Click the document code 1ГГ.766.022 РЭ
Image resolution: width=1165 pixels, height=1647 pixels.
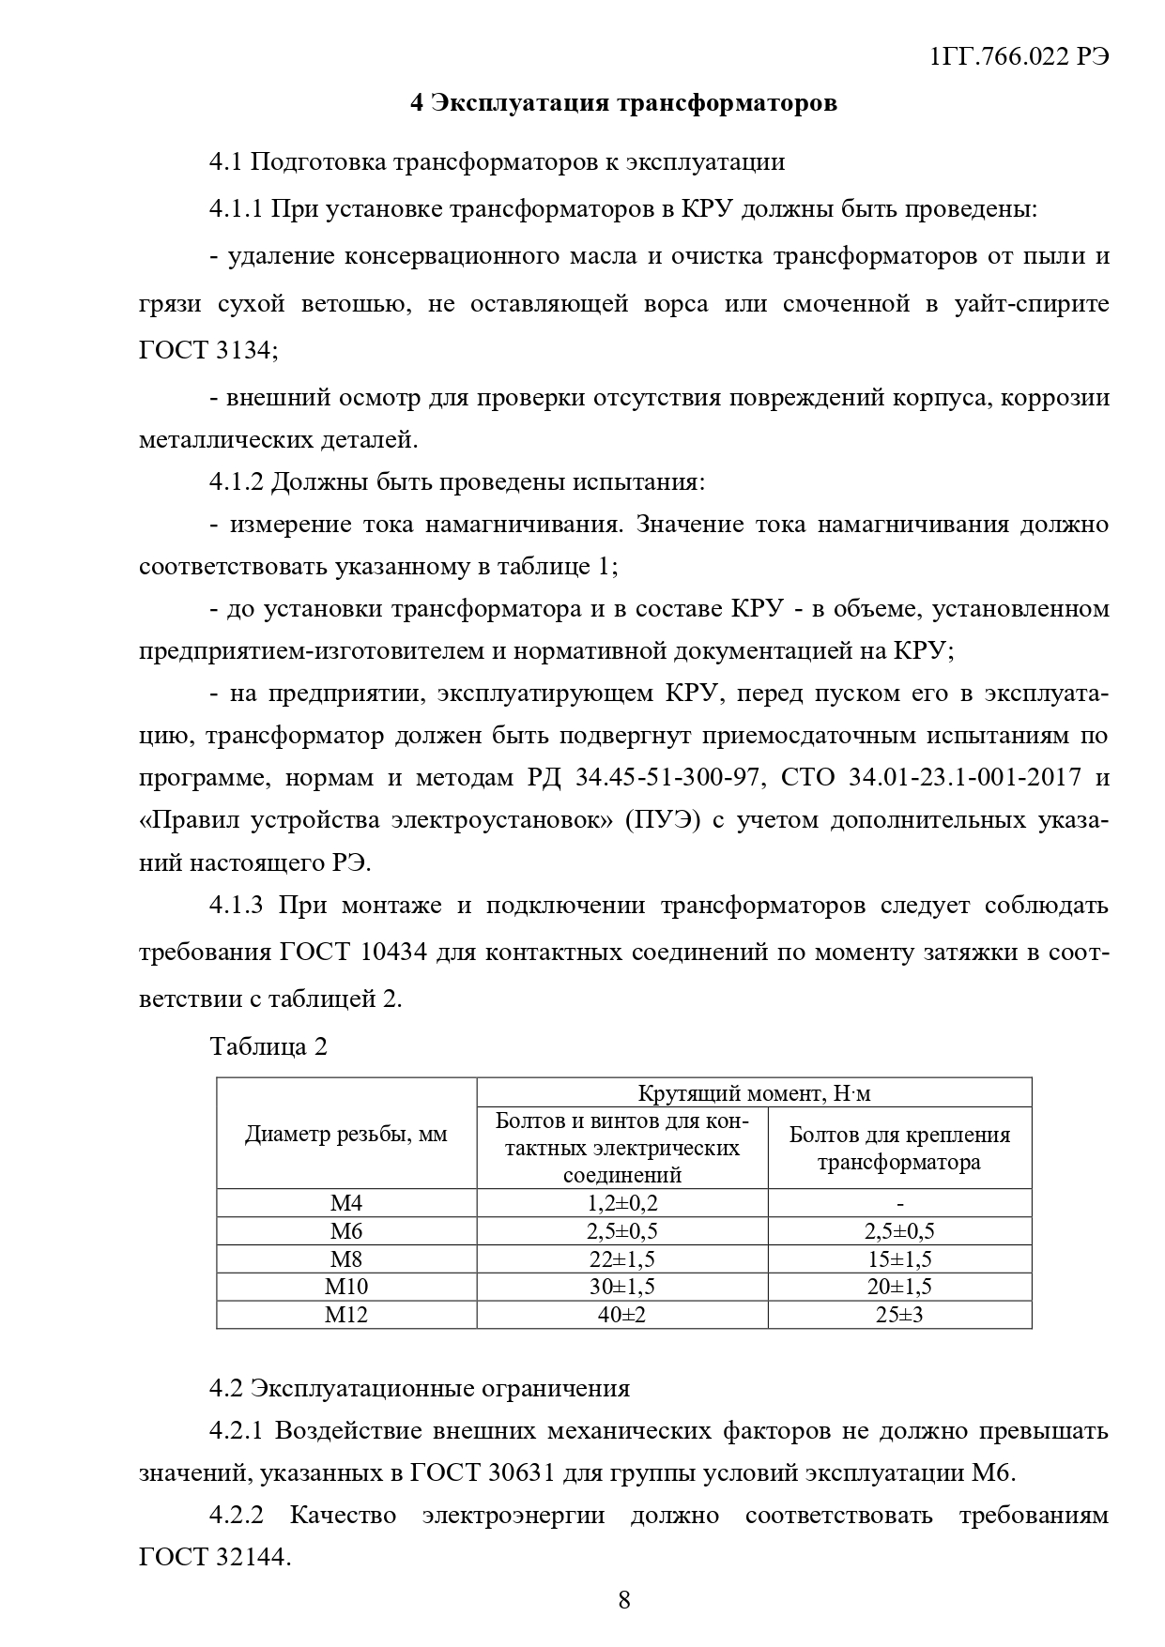coord(1018,56)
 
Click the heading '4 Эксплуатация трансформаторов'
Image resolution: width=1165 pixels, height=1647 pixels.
coord(623,103)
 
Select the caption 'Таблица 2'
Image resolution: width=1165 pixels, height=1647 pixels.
coord(269,1046)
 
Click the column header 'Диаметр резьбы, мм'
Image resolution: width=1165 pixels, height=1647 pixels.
coord(346,1135)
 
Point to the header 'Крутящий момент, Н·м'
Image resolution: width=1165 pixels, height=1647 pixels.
coord(754,1093)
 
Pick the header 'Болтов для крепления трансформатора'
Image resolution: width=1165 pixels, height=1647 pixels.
coord(899,1149)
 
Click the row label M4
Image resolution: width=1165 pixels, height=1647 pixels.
coord(346,1204)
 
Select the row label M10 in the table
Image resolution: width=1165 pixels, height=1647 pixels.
coord(346,1287)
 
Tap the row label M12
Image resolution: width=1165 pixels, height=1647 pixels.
coord(346,1315)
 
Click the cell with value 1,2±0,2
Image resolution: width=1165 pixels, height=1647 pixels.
coord(621,1204)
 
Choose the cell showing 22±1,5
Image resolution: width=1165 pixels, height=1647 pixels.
coord(621,1259)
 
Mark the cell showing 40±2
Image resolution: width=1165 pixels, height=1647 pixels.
coord(621,1315)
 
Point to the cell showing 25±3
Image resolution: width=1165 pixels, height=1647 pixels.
coord(899,1315)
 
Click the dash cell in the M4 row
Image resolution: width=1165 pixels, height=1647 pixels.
coord(899,1204)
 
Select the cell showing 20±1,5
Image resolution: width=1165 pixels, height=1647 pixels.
coord(899,1287)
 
